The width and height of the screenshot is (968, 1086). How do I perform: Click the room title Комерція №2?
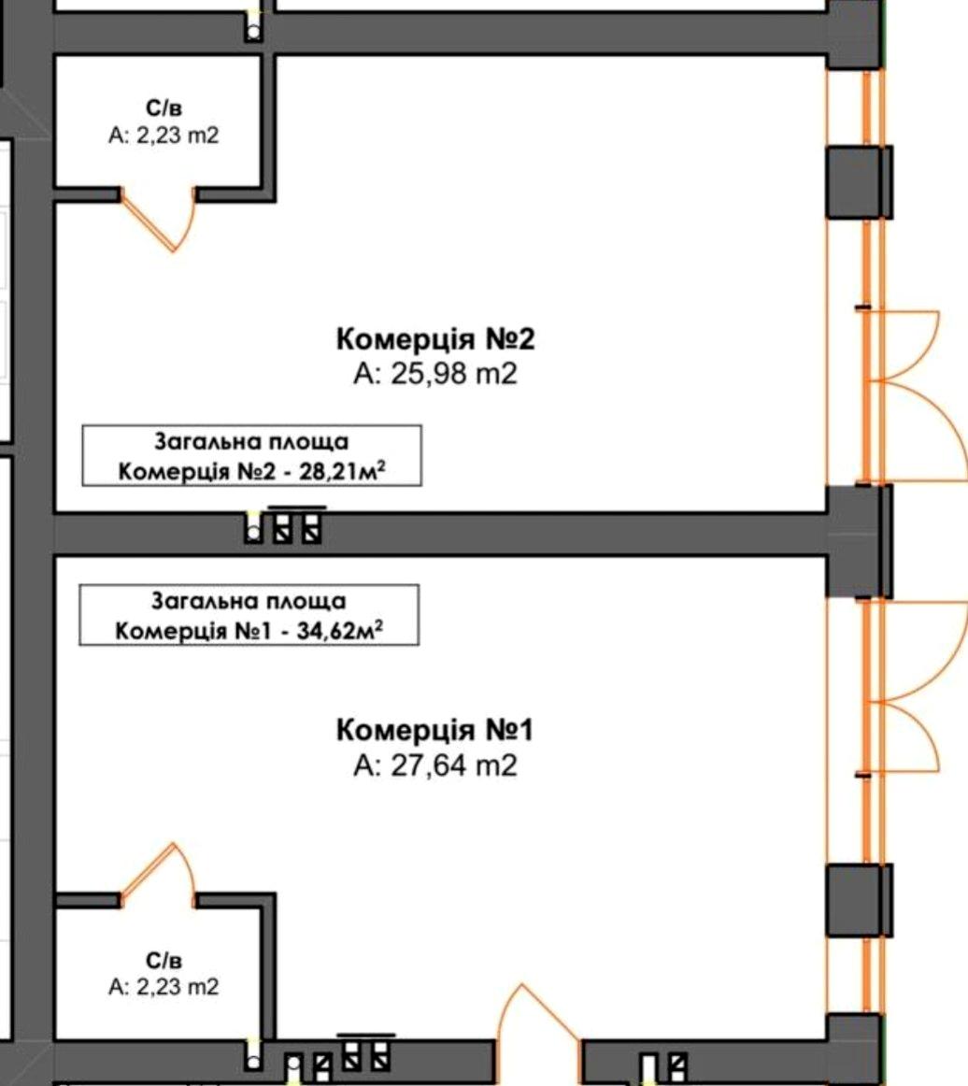(435, 339)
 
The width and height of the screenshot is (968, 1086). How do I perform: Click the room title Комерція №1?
(434, 730)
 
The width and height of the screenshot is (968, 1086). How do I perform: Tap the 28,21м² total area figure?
(342, 472)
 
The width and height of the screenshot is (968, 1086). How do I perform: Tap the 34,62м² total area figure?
(340, 631)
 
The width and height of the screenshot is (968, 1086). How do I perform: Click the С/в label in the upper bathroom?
(164, 108)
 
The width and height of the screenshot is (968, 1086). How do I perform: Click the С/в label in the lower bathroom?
(164, 961)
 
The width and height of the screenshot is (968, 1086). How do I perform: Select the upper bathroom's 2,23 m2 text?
(178, 136)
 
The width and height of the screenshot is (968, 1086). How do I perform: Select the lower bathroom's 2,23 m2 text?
(178, 987)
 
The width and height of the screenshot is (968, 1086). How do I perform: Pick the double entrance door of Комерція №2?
(913, 395)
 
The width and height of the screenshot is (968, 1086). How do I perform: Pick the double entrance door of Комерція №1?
(913, 686)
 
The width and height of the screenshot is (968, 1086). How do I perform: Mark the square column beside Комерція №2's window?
(860, 182)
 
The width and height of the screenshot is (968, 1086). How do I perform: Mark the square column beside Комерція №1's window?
(860, 900)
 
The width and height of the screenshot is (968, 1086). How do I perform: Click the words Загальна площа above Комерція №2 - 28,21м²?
(251, 442)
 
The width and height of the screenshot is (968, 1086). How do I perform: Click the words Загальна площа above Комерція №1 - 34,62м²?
(249, 601)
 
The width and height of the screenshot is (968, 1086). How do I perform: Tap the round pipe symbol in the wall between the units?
(254, 533)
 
